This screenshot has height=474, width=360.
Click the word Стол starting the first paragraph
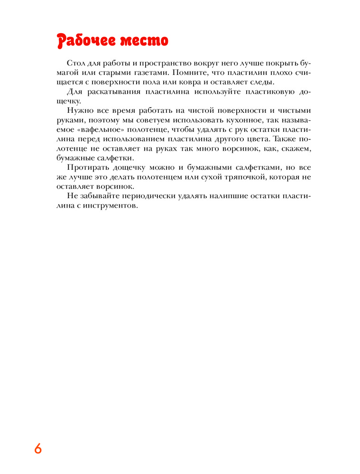(x=76, y=64)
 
